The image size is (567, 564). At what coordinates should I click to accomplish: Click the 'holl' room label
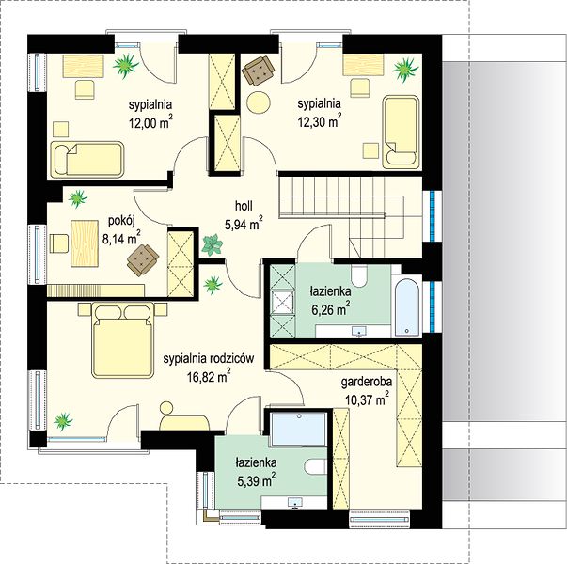[x=244, y=206]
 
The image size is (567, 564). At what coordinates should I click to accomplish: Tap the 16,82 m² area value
[x=209, y=376]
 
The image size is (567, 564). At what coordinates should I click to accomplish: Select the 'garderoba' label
[x=367, y=383]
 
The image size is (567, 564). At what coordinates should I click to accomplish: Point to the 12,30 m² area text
[x=320, y=120]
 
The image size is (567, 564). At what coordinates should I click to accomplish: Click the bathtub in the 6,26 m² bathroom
[x=406, y=307]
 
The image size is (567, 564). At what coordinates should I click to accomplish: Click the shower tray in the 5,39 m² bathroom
[x=299, y=429]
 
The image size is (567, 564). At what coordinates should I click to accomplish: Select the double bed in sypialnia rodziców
[x=122, y=340]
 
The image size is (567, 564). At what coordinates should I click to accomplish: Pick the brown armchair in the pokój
[x=143, y=259]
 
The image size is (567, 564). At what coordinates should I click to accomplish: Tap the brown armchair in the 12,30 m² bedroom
[x=259, y=70]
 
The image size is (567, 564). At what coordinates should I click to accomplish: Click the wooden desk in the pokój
[x=85, y=243]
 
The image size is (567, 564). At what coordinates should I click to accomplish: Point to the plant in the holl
[x=213, y=244]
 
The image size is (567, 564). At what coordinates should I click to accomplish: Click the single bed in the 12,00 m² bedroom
[x=87, y=160]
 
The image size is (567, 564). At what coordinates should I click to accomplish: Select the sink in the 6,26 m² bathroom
[x=359, y=331]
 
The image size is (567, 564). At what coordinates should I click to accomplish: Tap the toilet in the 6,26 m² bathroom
[x=359, y=275]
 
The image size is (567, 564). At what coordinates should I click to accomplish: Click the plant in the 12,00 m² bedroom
[x=125, y=66]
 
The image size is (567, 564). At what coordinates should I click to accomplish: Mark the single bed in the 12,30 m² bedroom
[x=401, y=132]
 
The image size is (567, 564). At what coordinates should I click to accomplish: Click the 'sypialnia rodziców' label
[x=209, y=359]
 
